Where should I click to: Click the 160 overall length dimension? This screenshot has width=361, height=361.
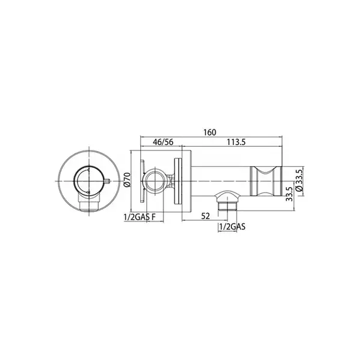point(210,132)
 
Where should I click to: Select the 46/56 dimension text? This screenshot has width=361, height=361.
point(163,142)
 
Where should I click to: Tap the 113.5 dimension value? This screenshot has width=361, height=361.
point(236,142)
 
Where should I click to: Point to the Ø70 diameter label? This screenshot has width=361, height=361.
point(127,180)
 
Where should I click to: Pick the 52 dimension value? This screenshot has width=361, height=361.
point(206,216)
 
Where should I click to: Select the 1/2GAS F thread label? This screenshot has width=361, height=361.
point(140,217)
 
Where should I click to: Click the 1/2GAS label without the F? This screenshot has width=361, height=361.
point(232,227)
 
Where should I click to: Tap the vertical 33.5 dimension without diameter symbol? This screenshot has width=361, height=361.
point(289,194)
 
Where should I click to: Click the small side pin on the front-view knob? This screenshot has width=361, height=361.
point(107,180)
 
